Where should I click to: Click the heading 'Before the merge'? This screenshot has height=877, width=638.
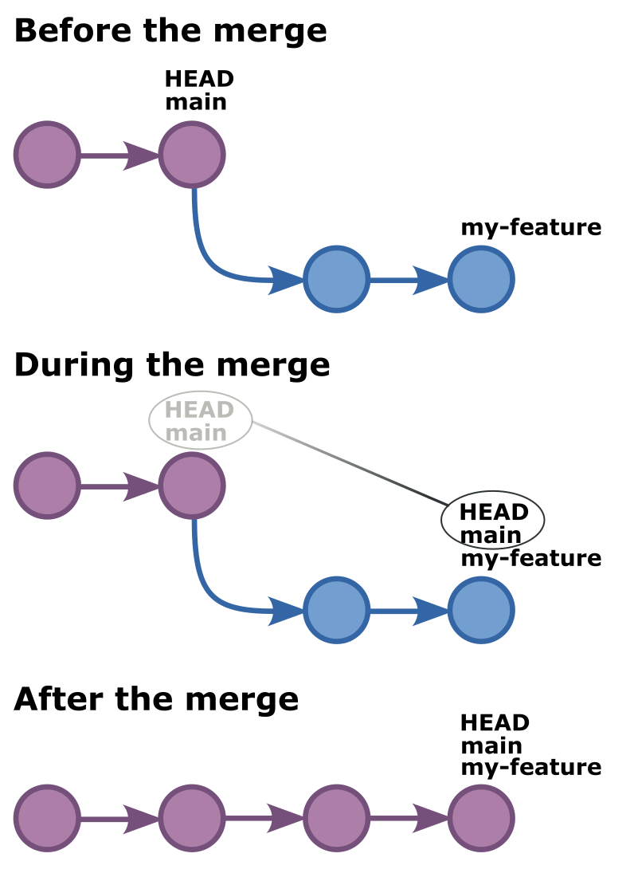[170, 31]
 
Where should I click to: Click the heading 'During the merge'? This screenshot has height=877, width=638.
[172, 364]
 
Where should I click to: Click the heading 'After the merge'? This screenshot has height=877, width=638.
[156, 699]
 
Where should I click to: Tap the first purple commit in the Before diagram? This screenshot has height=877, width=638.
[47, 155]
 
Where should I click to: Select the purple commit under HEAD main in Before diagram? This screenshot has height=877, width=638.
[192, 155]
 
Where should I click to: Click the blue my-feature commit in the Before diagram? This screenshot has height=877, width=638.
[481, 280]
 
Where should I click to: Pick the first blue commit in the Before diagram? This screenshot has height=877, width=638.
[336, 280]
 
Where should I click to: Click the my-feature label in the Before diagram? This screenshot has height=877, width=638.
[530, 228]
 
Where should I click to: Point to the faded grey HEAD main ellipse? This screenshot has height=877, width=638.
[201, 420]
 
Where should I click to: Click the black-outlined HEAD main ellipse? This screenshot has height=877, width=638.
[493, 520]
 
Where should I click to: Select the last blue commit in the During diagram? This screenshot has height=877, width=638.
[481, 611]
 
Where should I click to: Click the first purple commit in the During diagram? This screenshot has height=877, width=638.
[47, 486]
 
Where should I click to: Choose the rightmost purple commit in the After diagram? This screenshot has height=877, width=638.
[481, 818]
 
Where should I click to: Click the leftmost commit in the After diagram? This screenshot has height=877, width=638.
[47, 818]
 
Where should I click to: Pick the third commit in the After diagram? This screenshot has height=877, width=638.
[336, 818]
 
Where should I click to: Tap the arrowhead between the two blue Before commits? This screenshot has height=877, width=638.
[431, 280]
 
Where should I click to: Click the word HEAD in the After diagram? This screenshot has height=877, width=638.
[495, 723]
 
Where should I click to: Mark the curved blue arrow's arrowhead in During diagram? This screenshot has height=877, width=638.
[286, 611]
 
